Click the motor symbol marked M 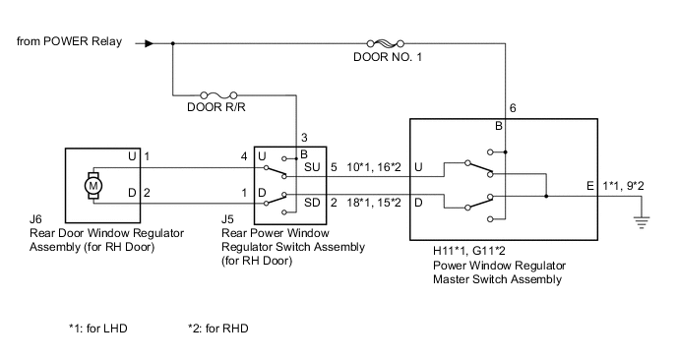pyautogui.click(x=94, y=183)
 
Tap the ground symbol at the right pyautogui.click(x=644, y=218)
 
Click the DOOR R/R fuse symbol pyautogui.click(x=214, y=87)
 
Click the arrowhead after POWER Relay pyautogui.click(x=149, y=43)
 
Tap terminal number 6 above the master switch pyautogui.click(x=513, y=108)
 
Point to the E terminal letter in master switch pyautogui.click(x=588, y=186)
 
